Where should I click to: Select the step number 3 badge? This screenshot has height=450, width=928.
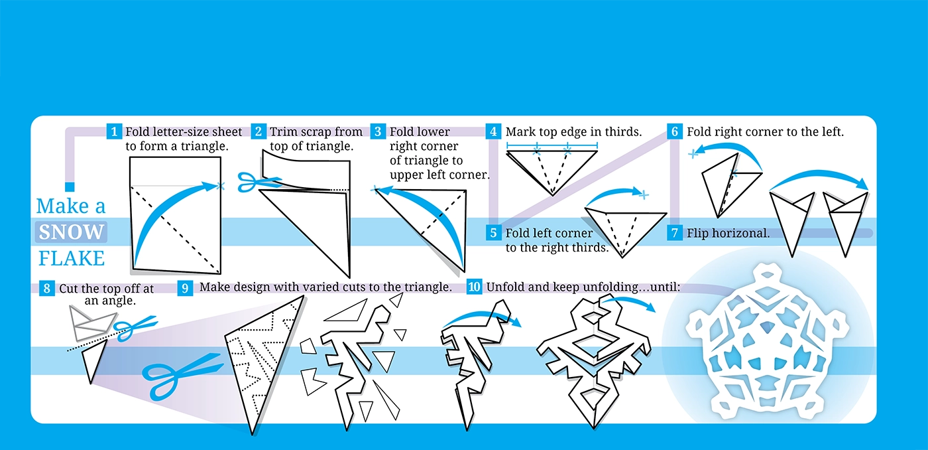pos(378,131)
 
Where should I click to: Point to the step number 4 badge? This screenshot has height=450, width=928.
pos(493,131)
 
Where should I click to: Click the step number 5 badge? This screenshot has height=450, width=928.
pos(493,233)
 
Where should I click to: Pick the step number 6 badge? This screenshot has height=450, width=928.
pos(675,131)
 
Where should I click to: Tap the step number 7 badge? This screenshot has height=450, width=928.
pos(675,233)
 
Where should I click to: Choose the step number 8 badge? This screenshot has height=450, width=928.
pos(46,289)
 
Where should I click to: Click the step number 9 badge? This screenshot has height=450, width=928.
pos(186,287)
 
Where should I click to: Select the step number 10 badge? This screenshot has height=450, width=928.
pos(475,287)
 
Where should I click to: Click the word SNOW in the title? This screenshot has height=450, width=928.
pos(71,232)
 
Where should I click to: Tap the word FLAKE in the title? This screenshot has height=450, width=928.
pos(72,258)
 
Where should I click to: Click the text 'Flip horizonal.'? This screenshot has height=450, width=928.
pos(728,233)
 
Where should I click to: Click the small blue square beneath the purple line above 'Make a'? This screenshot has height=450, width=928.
pos(69,187)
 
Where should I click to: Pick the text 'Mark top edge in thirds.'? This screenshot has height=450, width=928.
pos(573,131)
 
